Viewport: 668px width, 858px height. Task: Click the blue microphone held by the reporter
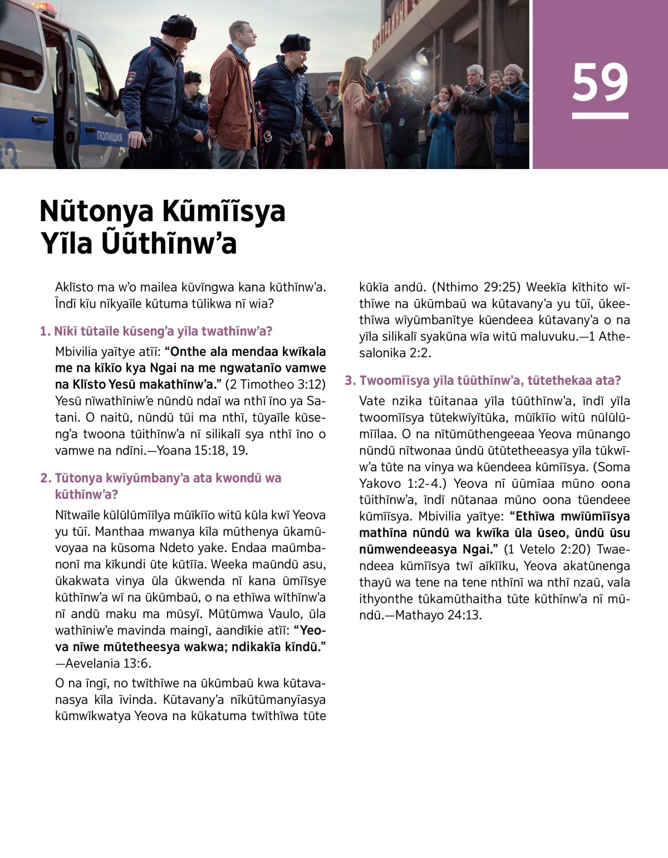(x=382, y=89)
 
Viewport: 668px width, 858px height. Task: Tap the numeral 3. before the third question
(x=350, y=380)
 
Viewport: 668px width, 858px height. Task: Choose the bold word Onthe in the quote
(x=188, y=352)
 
